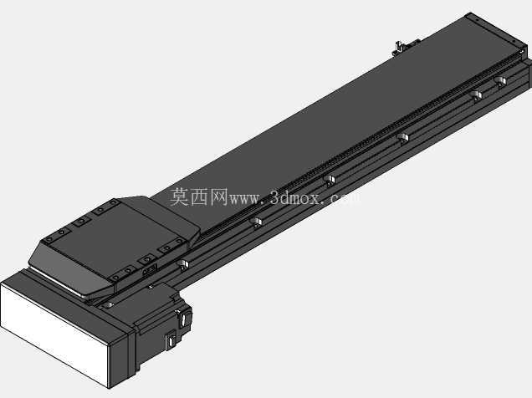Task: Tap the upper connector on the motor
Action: click(183, 319)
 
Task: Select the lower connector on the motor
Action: click(171, 340)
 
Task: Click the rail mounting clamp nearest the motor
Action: click(183, 265)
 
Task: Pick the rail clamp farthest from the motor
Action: click(500, 82)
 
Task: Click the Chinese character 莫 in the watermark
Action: click(179, 196)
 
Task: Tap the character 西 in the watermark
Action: click(199, 196)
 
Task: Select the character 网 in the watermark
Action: click(219, 196)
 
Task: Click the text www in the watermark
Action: click(245, 199)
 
